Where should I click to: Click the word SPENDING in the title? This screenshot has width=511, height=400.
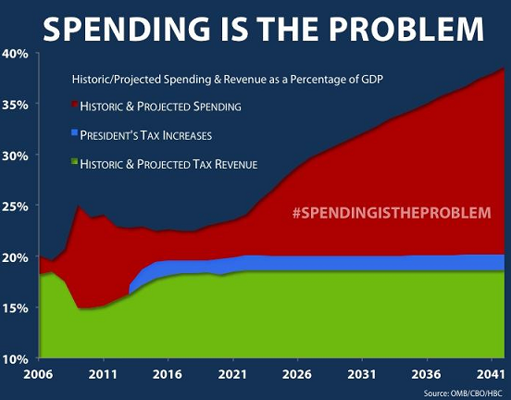click(x=127, y=29)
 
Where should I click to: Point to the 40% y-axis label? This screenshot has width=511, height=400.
click(x=15, y=54)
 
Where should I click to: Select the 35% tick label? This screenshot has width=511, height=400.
click(x=15, y=105)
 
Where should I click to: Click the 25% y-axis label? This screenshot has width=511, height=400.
click(x=15, y=206)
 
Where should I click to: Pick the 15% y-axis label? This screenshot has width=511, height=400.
click(x=15, y=308)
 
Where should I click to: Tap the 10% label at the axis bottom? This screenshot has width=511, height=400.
click(x=15, y=359)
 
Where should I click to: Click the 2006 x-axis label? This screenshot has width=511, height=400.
click(x=38, y=374)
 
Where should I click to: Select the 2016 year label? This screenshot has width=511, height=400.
click(x=168, y=374)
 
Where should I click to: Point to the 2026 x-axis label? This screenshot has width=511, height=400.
click(x=297, y=374)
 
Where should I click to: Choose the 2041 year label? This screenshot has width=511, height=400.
click(x=491, y=374)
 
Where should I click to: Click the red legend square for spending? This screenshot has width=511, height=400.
click(x=75, y=104)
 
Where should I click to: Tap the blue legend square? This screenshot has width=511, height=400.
click(x=75, y=132)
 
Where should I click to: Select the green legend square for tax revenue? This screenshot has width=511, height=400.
click(x=75, y=161)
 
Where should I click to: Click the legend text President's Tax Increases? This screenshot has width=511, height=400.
click(x=146, y=135)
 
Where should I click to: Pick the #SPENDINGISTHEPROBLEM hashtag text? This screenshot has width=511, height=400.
click(x=392, y=213)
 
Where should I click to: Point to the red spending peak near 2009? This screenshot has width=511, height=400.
click(x=78, y=206)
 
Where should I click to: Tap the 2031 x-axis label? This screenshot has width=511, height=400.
click(x=362, y=374)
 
